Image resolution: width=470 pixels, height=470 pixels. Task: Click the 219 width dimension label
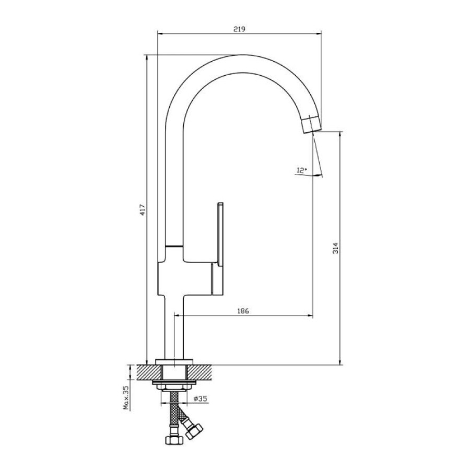(x=239, y=29)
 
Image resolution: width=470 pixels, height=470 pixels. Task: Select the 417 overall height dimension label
(x=143, y=209)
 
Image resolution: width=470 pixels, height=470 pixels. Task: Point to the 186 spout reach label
(x=243, y=311)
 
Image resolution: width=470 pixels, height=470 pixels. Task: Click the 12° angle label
(x=301, y=170)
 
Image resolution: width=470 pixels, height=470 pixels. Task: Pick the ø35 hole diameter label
(x=201, y=398)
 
